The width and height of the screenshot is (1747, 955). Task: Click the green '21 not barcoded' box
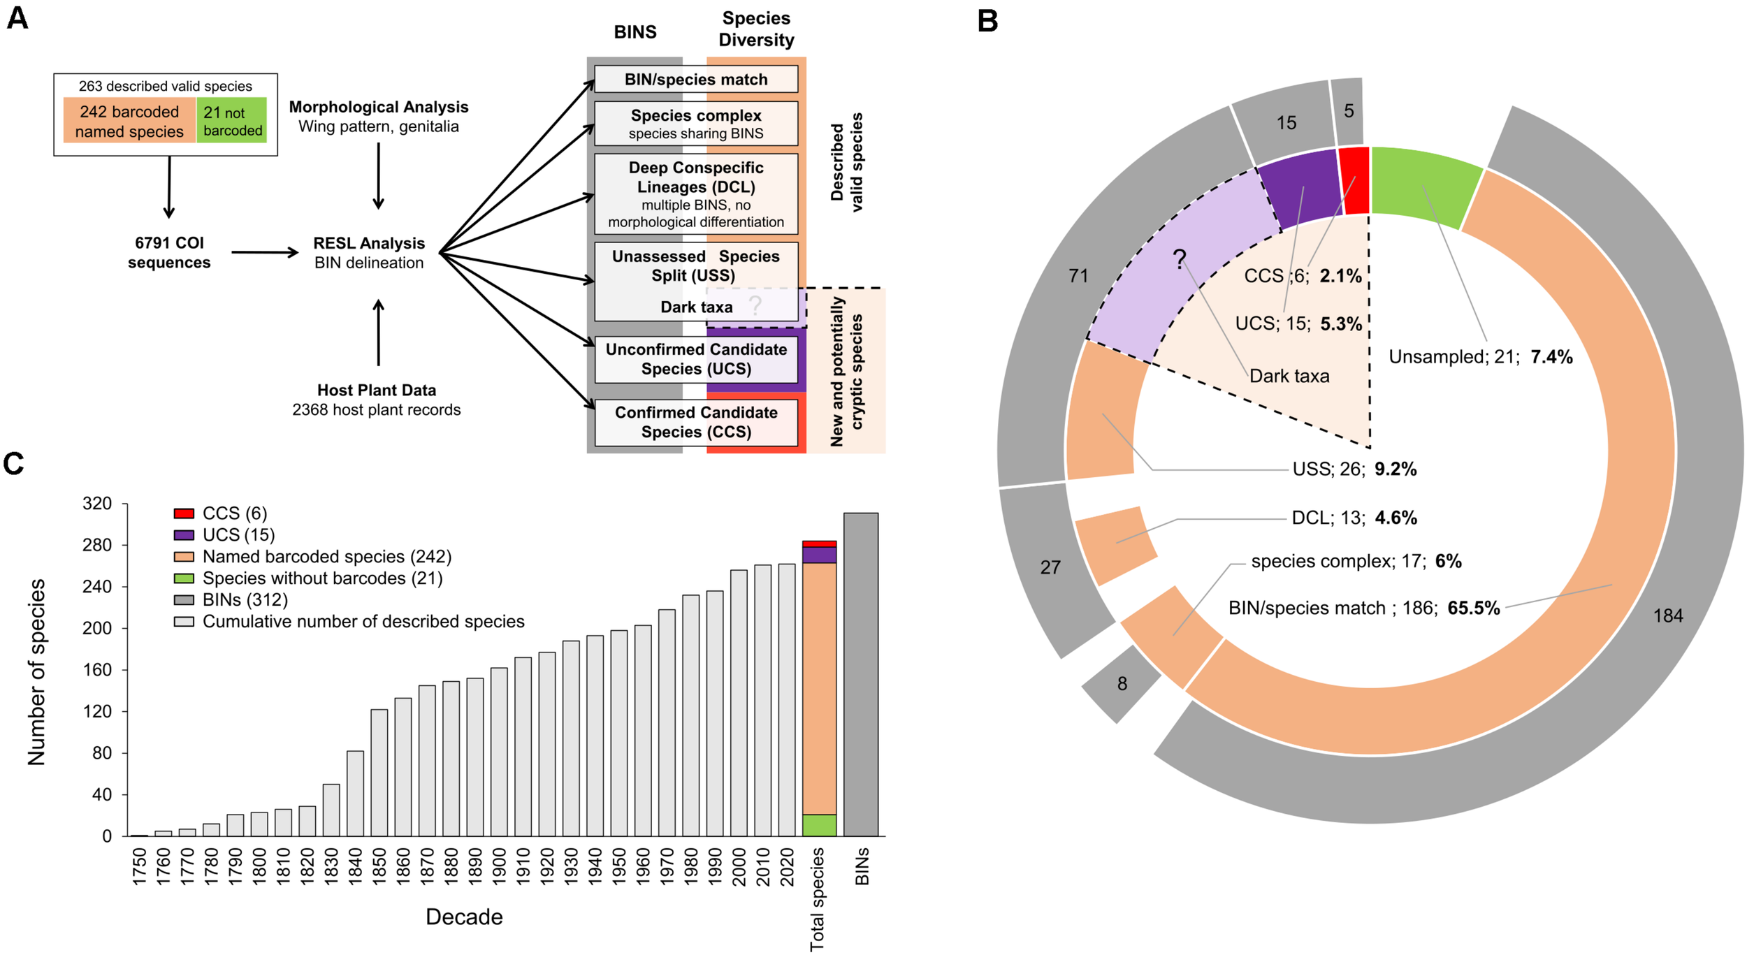[x=231, y=120]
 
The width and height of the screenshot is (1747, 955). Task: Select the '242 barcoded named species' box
[x=129, y=121]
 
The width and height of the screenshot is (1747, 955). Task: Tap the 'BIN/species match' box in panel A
[x=695, y=80]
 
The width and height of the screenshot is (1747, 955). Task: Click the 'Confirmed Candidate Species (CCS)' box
[x=695, y=422]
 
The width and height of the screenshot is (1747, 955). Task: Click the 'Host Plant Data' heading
[x=376, y=390]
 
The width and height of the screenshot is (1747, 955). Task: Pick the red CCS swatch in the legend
[x=184, y=513]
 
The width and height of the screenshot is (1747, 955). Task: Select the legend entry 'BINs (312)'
[x=245, y=599]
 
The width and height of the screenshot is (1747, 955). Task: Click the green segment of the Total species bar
[x=819, y=825]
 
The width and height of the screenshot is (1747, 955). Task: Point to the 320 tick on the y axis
[x=97, y=504]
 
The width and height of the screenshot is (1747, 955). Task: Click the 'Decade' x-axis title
[x=464, y=917]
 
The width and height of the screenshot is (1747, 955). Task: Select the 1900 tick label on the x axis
[x=498, y=867]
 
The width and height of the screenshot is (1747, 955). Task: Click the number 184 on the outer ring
[x=1667, y=615]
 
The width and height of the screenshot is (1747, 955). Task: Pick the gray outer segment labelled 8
[x=1121, y=684]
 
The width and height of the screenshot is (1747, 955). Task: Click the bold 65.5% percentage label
[x=1473, y=608]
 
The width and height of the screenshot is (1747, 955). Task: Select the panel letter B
[x=987, y=21]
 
